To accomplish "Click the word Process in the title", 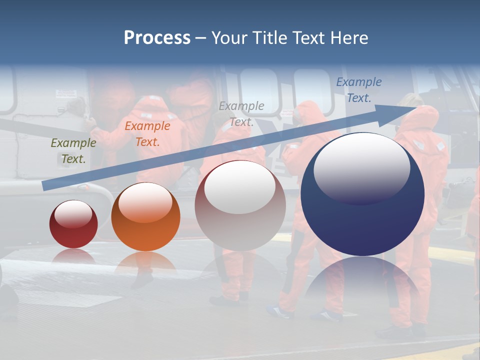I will [157, 37].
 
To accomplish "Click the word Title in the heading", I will [269, 37].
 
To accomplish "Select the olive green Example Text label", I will [73, 151].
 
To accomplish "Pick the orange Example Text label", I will [147, 134].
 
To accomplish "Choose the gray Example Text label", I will [241, 114].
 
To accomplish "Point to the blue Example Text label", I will [359, 90].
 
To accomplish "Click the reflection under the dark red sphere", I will [73, 256].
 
